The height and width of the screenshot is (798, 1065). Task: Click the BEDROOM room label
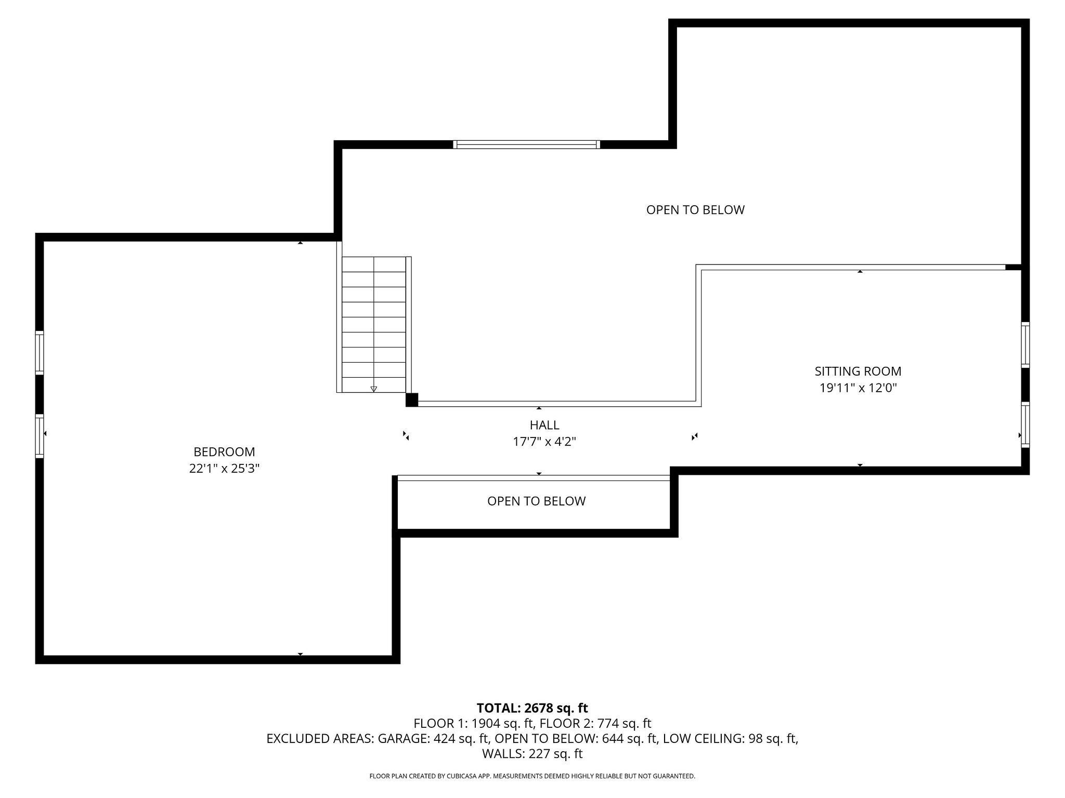(224, 452)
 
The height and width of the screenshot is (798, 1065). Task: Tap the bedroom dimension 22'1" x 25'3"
(224, 469)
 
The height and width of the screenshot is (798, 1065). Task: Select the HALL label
(544, 425)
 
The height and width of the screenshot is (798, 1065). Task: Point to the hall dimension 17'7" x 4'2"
(544, 442)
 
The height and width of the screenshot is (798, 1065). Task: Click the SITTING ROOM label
(858, 371)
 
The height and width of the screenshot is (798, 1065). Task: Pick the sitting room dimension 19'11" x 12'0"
(858, 388)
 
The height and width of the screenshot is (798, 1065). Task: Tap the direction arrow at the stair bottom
(373, 389)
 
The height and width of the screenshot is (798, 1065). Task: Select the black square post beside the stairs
(411, 400)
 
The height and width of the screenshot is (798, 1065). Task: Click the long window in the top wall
(526, 144)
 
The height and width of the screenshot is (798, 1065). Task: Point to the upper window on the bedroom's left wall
(40, 352)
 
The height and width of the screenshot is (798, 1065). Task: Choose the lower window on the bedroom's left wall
(40, 435)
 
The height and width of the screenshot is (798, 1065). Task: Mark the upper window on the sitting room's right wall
(1025, 344)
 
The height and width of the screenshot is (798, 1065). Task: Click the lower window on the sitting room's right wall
(1025, 424)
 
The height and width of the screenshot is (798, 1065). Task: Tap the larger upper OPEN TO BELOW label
(695, 210)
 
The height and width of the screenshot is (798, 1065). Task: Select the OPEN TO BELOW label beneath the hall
(536, 501)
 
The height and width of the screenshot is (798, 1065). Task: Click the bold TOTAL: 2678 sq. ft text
(532, 708)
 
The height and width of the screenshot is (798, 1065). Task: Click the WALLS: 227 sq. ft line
(532, 754)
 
